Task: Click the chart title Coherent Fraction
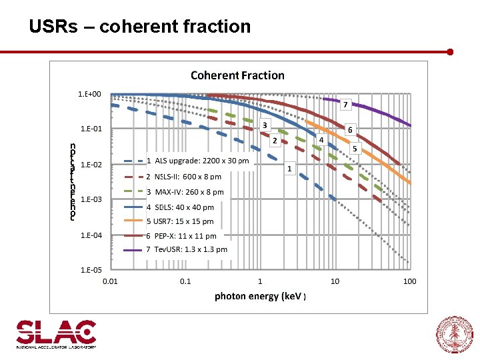(x=237, y=75)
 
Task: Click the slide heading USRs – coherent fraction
(x=140, y=27)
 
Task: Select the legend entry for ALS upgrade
(x=197, y=161)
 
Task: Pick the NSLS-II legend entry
(x=183, y=177)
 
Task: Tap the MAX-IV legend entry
(x=185, y=192)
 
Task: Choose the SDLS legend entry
(x=180, y=207)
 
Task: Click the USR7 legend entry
(x=180, y=221)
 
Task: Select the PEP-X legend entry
(x=181, y=236)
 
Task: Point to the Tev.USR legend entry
(x=187, y=249)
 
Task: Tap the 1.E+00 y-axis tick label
(x=90, y=94)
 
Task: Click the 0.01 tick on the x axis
(x=110, y=281)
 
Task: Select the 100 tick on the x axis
(x=409, y=281)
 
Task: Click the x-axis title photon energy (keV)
(x=259, y=296)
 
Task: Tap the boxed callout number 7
(x=345, y=105)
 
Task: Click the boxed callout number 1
(x=289, y=169)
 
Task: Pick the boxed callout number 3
(x=264, y=125)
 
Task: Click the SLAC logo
(x=56, y=334)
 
